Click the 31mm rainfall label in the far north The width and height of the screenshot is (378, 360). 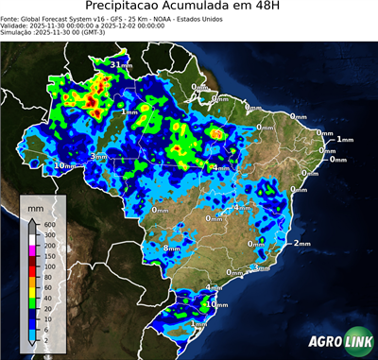tap(121, 64)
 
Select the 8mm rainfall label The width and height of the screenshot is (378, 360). tap(171, 248)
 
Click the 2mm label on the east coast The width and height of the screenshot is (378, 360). tap(302, 243)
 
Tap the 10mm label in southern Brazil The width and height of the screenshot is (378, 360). tap(218, 304)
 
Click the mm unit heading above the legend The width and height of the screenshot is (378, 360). tap(35, 205)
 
